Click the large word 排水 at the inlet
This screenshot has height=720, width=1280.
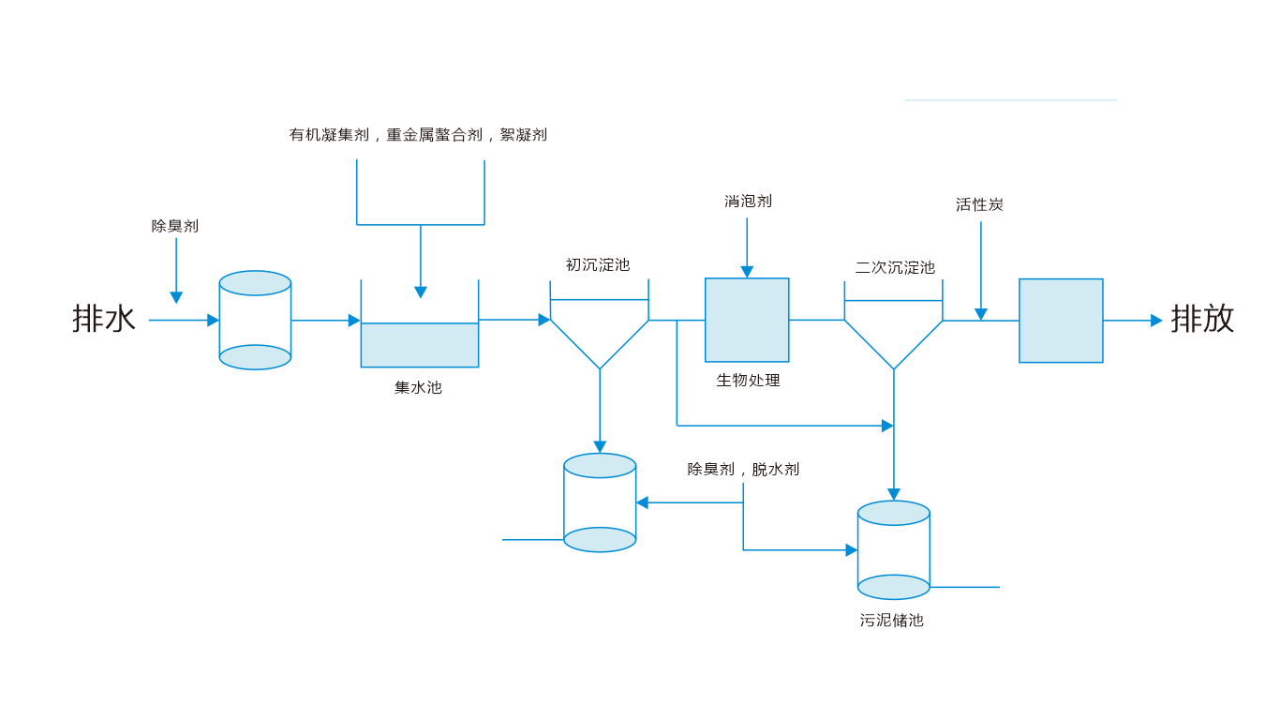click(104, 319)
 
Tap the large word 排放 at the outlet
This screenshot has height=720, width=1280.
click(1202, 319)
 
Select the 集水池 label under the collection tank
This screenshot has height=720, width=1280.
click(418, 387)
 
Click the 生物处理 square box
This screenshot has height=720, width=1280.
click(747, 320)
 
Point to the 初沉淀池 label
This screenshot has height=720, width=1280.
click(598, 265)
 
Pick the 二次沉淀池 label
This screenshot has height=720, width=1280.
click(895, 268)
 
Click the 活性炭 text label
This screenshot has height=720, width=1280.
click(979, 204)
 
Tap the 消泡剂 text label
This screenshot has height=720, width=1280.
click(748, 202)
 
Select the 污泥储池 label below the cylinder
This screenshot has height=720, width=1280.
click(892, 621)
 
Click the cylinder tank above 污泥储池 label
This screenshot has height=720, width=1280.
click(894, 550)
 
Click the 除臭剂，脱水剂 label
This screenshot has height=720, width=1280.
click(743, 470)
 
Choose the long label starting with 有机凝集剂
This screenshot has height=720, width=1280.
click(418, 135)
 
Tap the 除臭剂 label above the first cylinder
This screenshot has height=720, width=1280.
click(175, 226)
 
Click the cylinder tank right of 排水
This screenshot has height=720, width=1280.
click(255, 321)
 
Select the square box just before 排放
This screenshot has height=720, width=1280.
click(1061, 321)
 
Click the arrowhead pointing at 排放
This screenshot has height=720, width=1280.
click(1156, 321)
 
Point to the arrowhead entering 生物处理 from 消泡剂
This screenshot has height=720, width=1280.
click(747, 272)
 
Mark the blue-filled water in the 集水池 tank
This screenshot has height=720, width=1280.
click(420, 345)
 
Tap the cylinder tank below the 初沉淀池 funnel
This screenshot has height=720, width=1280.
click(600, 502)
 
